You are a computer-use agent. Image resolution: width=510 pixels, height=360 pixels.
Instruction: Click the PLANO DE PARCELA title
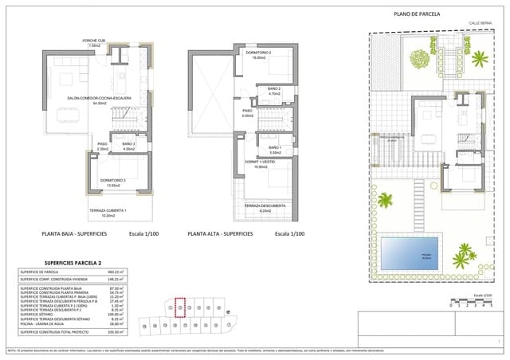(x=422, y=14)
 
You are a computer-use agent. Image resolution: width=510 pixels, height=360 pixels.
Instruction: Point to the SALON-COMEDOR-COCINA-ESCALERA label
(x=99, y=99)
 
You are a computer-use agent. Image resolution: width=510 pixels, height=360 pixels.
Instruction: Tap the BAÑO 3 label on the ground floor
(x=129, y=144)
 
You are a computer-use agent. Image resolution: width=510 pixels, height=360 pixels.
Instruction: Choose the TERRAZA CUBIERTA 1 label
(x=108, y=211)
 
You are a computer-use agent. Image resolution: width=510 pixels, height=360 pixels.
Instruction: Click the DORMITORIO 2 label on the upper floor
(x=253, y=53)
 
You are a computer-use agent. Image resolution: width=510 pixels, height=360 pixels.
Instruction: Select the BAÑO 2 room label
(x=274, y=88)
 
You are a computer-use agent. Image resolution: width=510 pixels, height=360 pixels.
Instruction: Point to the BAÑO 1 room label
(x=275, y=147)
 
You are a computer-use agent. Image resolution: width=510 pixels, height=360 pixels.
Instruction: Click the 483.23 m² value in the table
(x=116, y=272)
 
